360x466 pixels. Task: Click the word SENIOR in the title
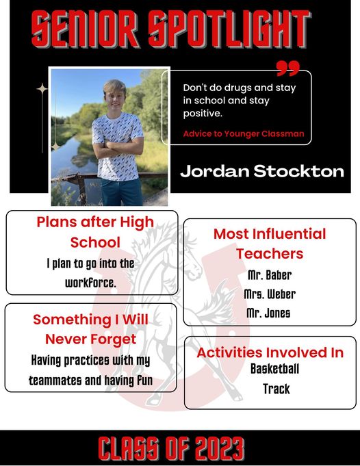coord(85,29)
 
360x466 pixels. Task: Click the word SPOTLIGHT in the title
coord(229,29)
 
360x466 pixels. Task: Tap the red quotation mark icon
coord(287,68)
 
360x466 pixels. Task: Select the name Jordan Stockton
coord(262,171)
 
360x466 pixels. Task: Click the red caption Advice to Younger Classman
coord(244,133)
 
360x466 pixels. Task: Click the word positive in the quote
coord(202,113)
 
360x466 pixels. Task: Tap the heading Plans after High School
coord(95,232)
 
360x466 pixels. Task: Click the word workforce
coord(90,283)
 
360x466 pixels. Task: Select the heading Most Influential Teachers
coord(270,244)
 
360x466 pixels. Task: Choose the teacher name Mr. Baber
coord(270,275)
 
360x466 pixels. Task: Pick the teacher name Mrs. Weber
coord(270,294)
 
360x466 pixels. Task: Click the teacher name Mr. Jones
coord(268,313)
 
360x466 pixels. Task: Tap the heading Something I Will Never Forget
coord(90,329)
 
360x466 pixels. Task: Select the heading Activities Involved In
coord(270,352)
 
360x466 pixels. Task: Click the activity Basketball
coord(274,369)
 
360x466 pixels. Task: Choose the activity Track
coord(277,389)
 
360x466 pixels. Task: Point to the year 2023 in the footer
coord(220,449)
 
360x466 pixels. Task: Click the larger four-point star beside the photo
coord(42,88)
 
